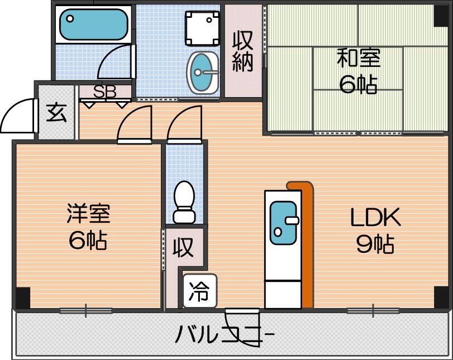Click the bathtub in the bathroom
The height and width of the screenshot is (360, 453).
point(94,25)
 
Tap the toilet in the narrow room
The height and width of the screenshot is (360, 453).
point(184,202)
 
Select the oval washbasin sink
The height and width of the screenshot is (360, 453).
point(203,73)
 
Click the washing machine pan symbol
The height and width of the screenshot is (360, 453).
point(202,28)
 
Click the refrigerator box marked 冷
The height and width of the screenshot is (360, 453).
point(199,290)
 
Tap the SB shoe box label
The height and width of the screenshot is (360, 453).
point(104,92)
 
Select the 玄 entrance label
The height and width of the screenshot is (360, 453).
point(56,113)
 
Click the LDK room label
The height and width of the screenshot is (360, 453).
point(375,217)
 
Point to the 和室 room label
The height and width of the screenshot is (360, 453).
point(359,57)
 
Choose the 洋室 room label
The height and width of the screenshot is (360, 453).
point(88,213)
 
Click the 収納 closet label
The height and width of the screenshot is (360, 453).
point(243,51)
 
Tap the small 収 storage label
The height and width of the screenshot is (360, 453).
point(183,247)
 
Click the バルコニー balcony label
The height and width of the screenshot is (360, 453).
point(225,334)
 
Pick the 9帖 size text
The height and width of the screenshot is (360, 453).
point(375,244)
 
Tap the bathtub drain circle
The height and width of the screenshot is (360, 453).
point(70,19)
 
